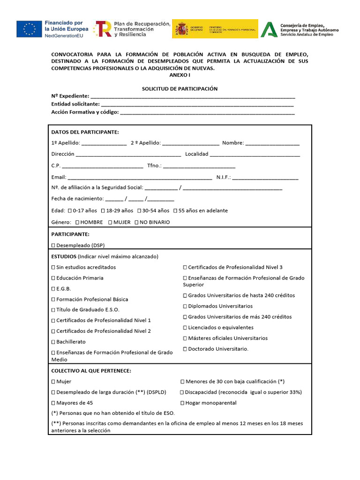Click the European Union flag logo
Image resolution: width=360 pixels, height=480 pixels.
point(29,29)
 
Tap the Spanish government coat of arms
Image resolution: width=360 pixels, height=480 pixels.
point(182,29)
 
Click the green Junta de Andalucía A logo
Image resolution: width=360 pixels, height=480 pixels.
point(269,29)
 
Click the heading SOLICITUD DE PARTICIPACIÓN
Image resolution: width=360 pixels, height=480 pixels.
point(180,89)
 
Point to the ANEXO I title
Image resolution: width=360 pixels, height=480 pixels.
point(180,75)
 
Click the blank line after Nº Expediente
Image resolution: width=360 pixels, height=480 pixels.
point(193,97)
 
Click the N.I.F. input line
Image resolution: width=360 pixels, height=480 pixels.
point(265,178)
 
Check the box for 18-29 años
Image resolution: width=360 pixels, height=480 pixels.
point(103,211)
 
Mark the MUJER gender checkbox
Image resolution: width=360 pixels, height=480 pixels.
point(110,222)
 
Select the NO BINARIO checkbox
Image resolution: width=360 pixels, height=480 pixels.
point(136,222)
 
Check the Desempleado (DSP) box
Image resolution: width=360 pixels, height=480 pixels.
point(53,245)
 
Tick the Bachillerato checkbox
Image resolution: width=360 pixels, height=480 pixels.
point(53,342)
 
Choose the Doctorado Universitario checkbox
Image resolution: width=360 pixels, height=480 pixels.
point(185,349)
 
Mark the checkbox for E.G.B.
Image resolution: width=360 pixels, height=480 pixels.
point(53,289)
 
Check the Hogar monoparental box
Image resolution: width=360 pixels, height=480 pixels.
point(182,403)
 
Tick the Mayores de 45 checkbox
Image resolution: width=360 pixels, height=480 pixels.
point(53,403)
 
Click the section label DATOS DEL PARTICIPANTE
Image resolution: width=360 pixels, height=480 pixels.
point(85,132)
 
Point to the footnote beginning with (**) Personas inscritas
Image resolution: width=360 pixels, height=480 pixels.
point(177,427)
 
